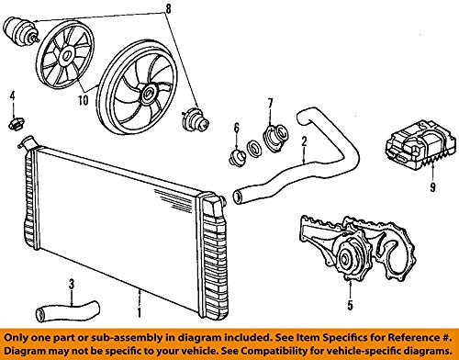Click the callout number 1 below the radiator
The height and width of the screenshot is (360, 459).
[x=140, y=312]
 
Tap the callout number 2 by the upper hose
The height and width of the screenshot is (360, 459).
[x=304, y=141]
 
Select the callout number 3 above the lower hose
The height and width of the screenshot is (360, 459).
[x=72, y=285]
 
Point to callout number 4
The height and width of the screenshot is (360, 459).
[x=13, y=96]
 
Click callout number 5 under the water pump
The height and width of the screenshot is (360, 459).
[x=350, y=305]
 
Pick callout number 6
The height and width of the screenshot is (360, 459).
[x=237, y=128]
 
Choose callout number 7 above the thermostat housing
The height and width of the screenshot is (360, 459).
[x=270, y=103]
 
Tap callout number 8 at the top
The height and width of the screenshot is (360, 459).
[x=167, y=8]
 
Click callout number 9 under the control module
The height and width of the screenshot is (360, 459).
[x=432, y=187]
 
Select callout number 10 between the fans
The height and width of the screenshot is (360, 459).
[x=84, y=100]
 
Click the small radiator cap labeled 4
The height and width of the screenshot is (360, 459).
[x=16, y=124]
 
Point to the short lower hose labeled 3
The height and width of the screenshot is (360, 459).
[x=68, y=310]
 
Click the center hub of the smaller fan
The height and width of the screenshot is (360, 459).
[x=65, y=56]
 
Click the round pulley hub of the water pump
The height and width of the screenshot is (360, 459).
[x=346, y=259]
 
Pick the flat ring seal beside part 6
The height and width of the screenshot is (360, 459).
[x=254, y=148]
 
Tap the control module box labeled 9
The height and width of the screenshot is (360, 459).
[x=415, y=145]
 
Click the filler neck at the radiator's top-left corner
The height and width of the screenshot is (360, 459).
[x=27, y=143]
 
